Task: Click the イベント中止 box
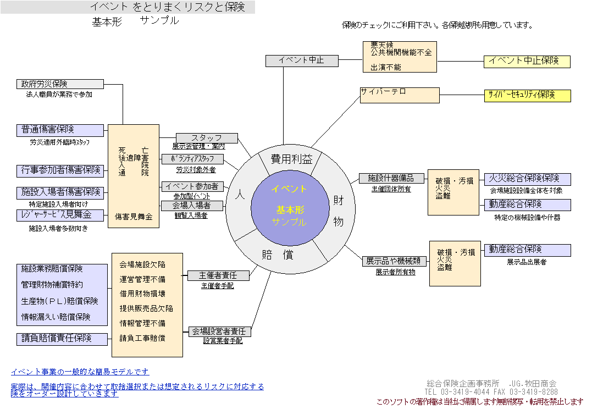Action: pyautogui.click(x=302, y=61)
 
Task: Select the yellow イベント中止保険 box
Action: pyautogui.click(x=527, y=62)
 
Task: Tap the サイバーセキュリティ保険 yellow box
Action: pyautogui.click(x=527, y=96)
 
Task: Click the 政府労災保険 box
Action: pyautogui.click(x=60, y=84)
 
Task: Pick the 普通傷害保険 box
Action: pyautogui.click(x=60, y=130)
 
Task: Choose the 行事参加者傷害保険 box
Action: pyautogui.click(x=60, y=170)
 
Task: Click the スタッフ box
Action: pyautogui.click(x=207, y=138)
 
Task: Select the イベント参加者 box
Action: pyautogui.click(x=192, y=186)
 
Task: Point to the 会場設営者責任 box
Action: pyautogui.click(x=219, y=331)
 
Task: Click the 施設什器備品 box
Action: pyautogui.click(x=392, y=178)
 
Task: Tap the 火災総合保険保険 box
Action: pyautogui.click(x=527, y=179)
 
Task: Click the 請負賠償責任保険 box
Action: pyautogui.click(x=62, y=339)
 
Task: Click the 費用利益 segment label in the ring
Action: pyautogui.click(x=291, y=159)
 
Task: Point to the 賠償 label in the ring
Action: pyautogui.click(x=277, y=255)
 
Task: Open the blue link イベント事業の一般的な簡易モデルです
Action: pyautogui.click(x=80, y=372)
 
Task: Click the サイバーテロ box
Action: pyautogui.click(x=400, y=95)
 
